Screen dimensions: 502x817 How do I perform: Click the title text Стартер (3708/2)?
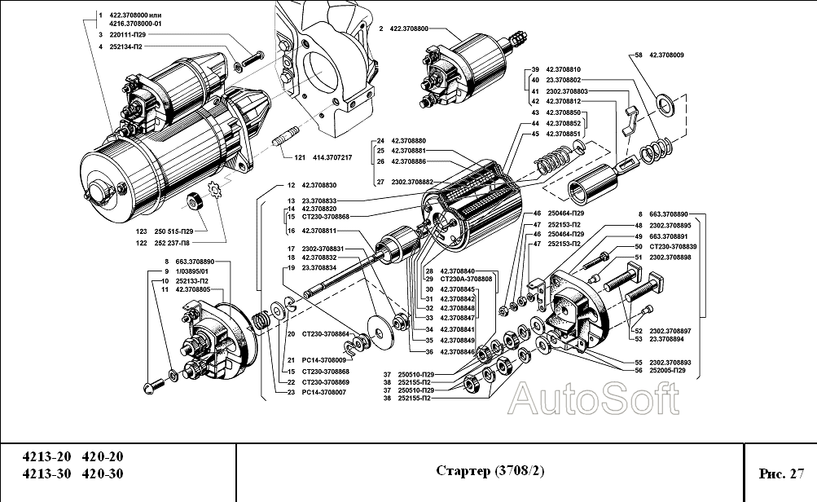pyautogui.click(x=489, y=472)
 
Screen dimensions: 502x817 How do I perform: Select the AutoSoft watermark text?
pyautogui.click(x=593, y=399)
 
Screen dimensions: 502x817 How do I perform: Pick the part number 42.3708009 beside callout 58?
pyautogui.click(x=666, y=55)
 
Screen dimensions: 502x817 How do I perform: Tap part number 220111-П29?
pyautogui.click(x=131, y=36)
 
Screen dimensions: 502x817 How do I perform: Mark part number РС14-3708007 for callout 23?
pyautogui.click(x=323, y=392)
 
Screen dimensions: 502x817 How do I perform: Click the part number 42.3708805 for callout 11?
pyautogui.click(x=193, y=289)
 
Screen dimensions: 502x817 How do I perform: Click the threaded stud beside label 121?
pyautogui.click(x=288, y=144)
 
